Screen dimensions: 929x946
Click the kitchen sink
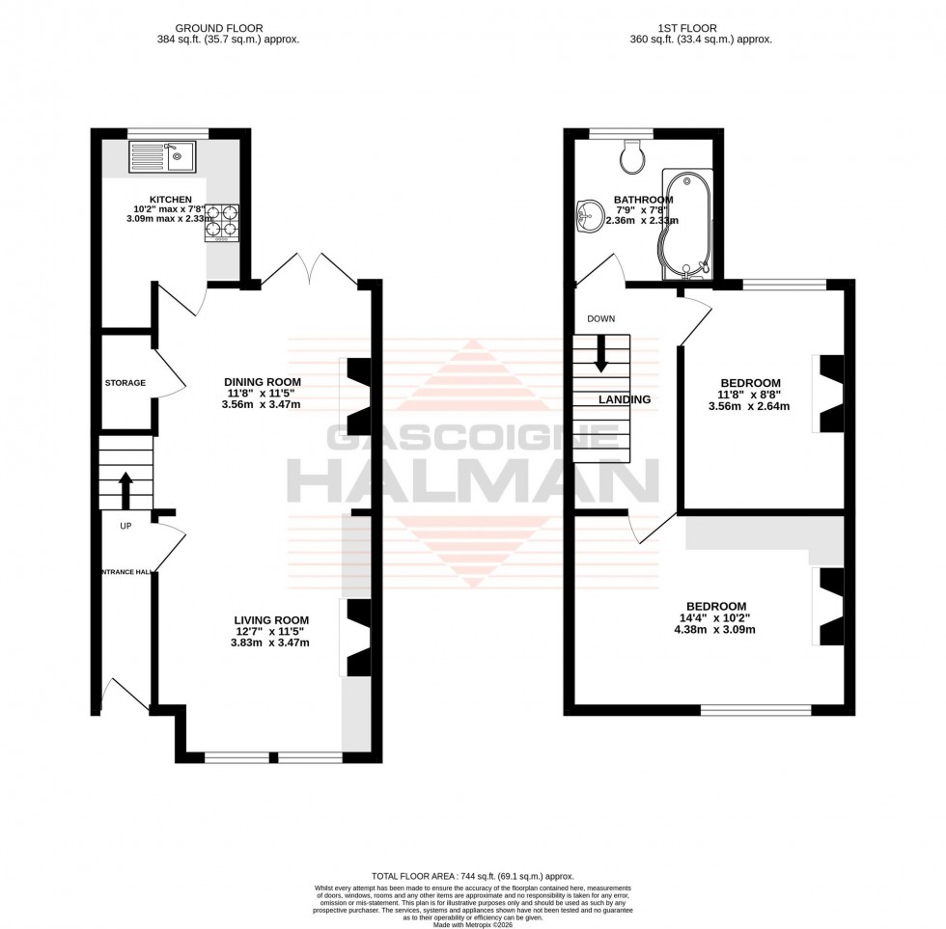click(x=162, y=156)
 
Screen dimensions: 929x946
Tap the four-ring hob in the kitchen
click(x=222, y=221)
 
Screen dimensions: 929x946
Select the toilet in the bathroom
click(x=634, y=158)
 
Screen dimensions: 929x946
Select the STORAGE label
click(x=125, y=383)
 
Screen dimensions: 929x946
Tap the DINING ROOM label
click(x=264, y=382)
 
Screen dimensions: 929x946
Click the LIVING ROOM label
click(x=270, y=620)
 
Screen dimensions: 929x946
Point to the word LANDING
click(x=624, y=399)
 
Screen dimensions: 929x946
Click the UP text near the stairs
click(x=125, y=526)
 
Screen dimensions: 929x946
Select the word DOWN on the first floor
click(x=600, y=318)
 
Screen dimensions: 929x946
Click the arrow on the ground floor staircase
click(x=125, y=488)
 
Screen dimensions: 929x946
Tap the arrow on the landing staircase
click(x=600, y=353)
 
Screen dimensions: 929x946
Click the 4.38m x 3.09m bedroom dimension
click(x=715, y=629)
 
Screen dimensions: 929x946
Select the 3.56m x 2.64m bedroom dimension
click(x=750, y=406)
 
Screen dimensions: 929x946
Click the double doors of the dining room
click(x=309, y=270)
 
